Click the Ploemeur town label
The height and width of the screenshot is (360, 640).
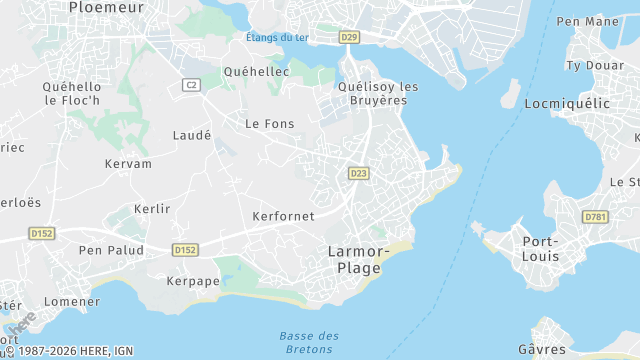106,7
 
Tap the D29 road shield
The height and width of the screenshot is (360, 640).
348,37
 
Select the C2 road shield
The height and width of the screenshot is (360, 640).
191,85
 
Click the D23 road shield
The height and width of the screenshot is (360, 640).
358,173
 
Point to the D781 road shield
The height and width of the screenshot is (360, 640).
596,216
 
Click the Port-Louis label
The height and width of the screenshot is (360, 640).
541,248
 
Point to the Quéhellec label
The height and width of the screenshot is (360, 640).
257,72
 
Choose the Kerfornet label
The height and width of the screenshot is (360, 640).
283,216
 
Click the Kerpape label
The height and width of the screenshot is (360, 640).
192,281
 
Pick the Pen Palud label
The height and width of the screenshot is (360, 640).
111,250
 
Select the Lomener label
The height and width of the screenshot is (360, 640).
73,301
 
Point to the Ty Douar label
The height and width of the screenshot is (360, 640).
588,65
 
